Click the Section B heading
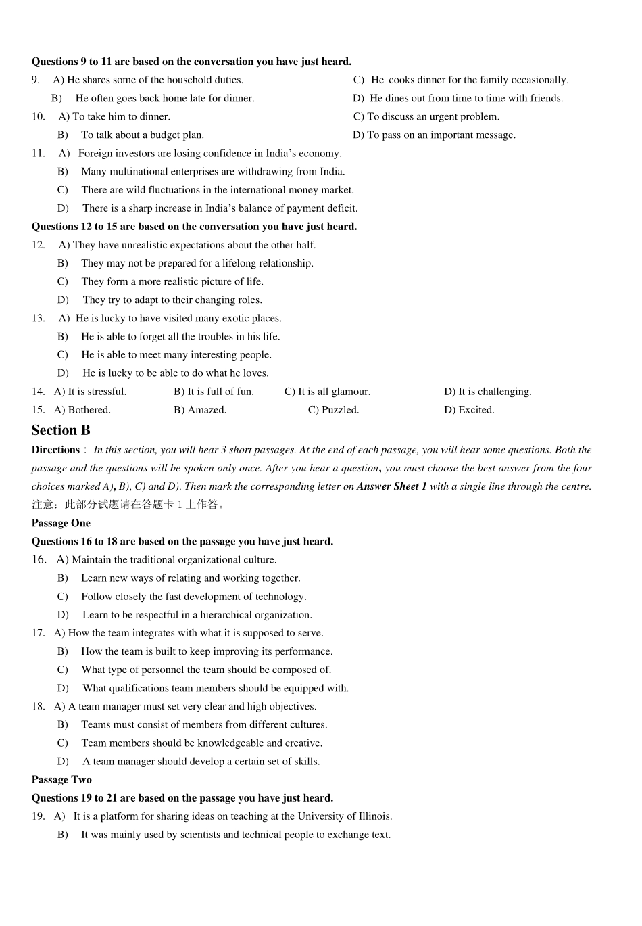coord(61,430)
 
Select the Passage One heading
coord(61,523)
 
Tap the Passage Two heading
coord(61,779)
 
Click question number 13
coord(38,318)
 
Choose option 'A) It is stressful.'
coord(90,391)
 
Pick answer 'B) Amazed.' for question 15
coord(200,409)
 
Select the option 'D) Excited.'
coord(469,409)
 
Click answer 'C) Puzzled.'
coord(333,409)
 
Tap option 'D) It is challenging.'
coord(487,391)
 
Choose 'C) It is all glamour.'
coord(327,391)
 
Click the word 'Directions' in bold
coord(55,450)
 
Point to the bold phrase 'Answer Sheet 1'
coord(391,486)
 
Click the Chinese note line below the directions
coord(128,505)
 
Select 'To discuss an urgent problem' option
coord(426,116)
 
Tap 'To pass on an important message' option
coord(434,135)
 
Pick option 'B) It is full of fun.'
coord(214,391)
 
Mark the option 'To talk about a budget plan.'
coord(142,135)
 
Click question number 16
coord(39,559)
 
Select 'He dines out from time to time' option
coord(466,98)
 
